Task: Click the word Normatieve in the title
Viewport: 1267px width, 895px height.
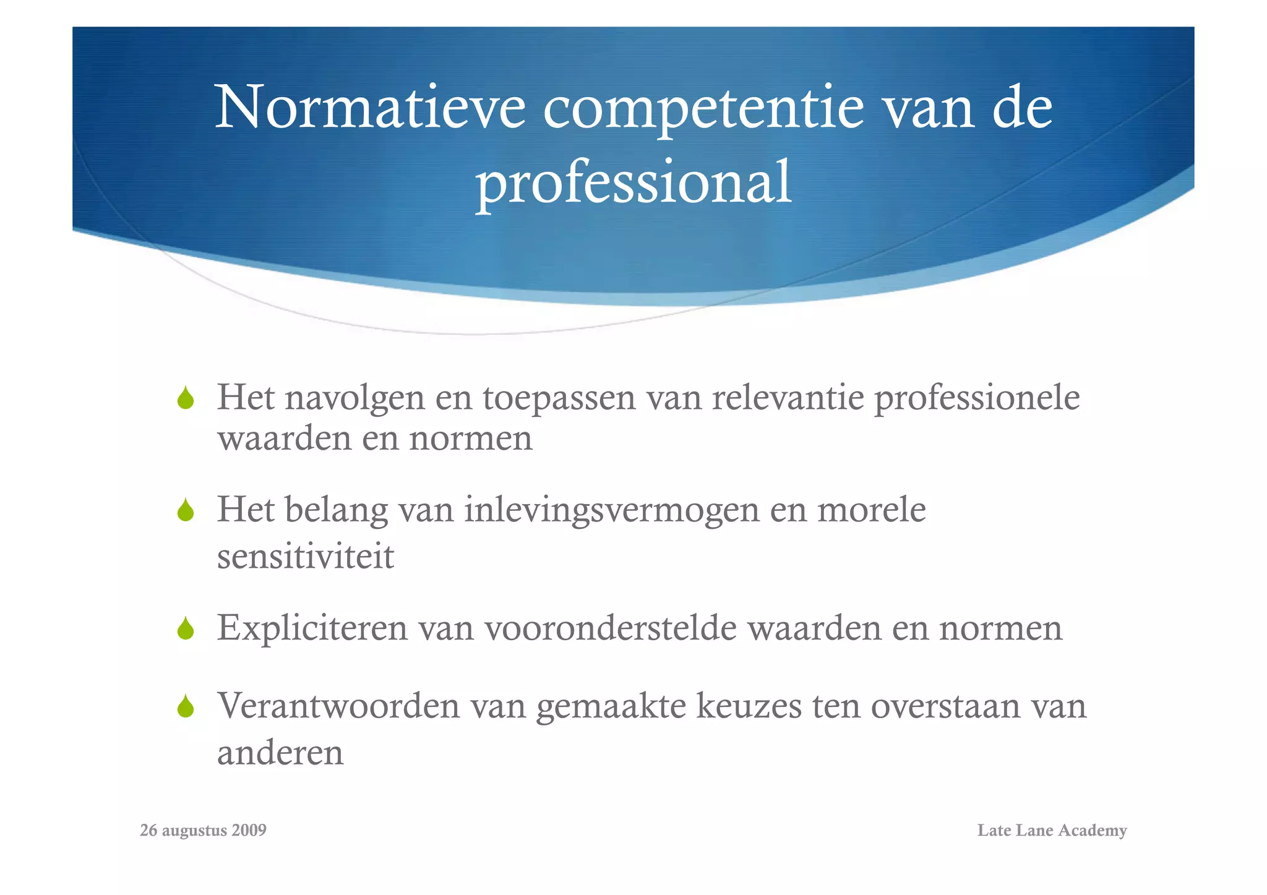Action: pyautogui.click(x=370, y=108)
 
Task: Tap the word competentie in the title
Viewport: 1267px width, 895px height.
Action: pyautogui.click(x=703, y=108)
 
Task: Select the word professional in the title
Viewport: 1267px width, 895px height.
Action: pyautogui.click(x=633, y=182)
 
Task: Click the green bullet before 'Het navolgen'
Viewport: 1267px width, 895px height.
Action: pyautogui.click(x=186, y=398)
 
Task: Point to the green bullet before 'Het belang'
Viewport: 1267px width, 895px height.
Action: pyautogui.click(x=186, y=511)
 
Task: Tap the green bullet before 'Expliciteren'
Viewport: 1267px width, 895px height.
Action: pyautogui.click(x=186, y=629)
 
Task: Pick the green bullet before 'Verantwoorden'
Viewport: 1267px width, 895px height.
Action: pyautogui.click(x=186, y=706)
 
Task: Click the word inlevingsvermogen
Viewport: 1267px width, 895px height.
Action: pyautogui.click(x=612, y=510)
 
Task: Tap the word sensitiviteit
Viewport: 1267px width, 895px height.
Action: pyautogui.click(x=305, y=556)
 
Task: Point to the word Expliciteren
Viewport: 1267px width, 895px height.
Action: pyautogui.click(x=312, y=628)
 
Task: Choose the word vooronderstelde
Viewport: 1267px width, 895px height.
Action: pyautogui.click(x=611, y=628)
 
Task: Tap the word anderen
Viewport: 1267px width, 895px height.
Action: pyautogui.click(x=280, y=753)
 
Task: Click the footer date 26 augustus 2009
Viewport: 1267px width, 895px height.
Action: pyautogui.click(x=203, y=830)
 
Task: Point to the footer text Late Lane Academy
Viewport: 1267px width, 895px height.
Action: pyautogui.click(x=1052, y=830)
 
